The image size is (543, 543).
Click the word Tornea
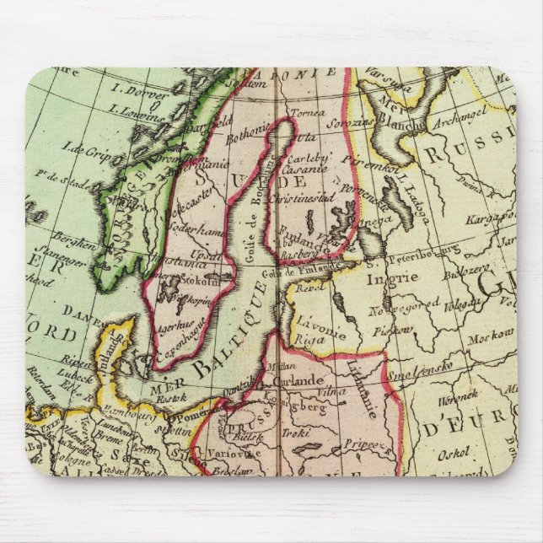tap(306, 112)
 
